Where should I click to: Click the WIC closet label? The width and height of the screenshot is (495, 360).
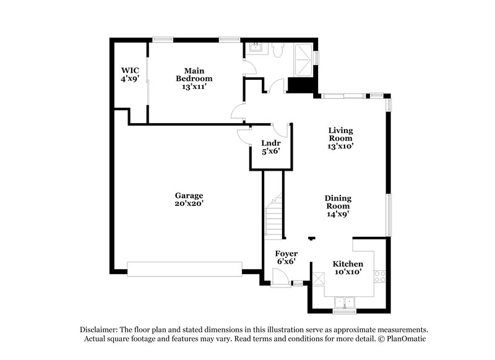point(129,70)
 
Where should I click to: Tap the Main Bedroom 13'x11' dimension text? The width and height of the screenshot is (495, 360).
point(194,87)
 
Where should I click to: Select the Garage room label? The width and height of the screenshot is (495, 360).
point(189,195)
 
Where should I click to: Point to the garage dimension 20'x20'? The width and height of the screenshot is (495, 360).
point(189,203)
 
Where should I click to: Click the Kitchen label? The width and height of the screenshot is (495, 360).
point(348,264)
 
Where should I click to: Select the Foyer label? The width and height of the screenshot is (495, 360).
point(286,254)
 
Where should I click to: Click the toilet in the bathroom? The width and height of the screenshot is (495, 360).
point(277,48)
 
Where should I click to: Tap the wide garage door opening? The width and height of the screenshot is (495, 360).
point(184,268)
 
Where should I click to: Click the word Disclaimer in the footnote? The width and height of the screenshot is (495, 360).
point(100,330)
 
